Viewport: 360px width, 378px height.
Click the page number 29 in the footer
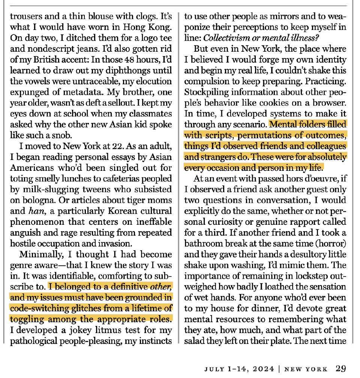(340, 369)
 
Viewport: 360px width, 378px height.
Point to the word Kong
(162, 28)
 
